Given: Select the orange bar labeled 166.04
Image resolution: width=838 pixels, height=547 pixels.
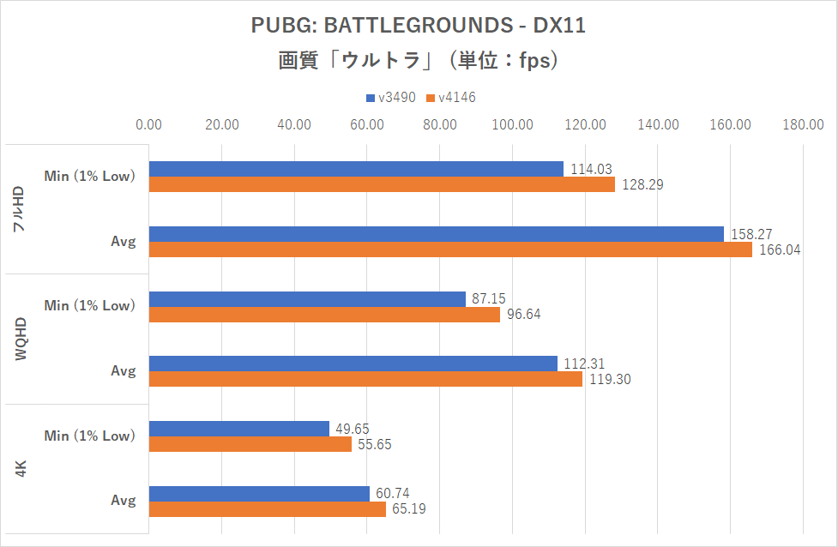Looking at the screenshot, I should pyautogui.click(x=450, y=249).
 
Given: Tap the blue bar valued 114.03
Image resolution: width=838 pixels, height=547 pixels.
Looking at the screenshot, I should pyautogui.click(x=356, y=169).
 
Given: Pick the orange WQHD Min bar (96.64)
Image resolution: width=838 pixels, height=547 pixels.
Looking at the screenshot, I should pyautogui.click(x=324, y=315).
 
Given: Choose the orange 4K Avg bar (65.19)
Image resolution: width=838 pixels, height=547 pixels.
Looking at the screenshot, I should pyautogui.click(x=267, y=509).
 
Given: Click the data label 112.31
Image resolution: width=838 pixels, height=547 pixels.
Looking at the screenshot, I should pyautogui.click(x=582, y=364).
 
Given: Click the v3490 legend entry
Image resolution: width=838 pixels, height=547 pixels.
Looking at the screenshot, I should pyautogui.click(x=390, y=97).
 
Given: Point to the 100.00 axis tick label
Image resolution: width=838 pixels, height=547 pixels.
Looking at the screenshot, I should pyautogui.click(x=513, y=125).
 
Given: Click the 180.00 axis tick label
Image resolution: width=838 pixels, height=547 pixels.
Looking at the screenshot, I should pyautogui.click(x=803, y=125).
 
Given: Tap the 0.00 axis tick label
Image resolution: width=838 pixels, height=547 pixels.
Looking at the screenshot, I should pyautogui.click(x=149, y=125).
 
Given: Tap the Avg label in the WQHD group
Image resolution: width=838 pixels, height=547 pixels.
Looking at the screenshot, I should pyautogui.click(x=123, y=371).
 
